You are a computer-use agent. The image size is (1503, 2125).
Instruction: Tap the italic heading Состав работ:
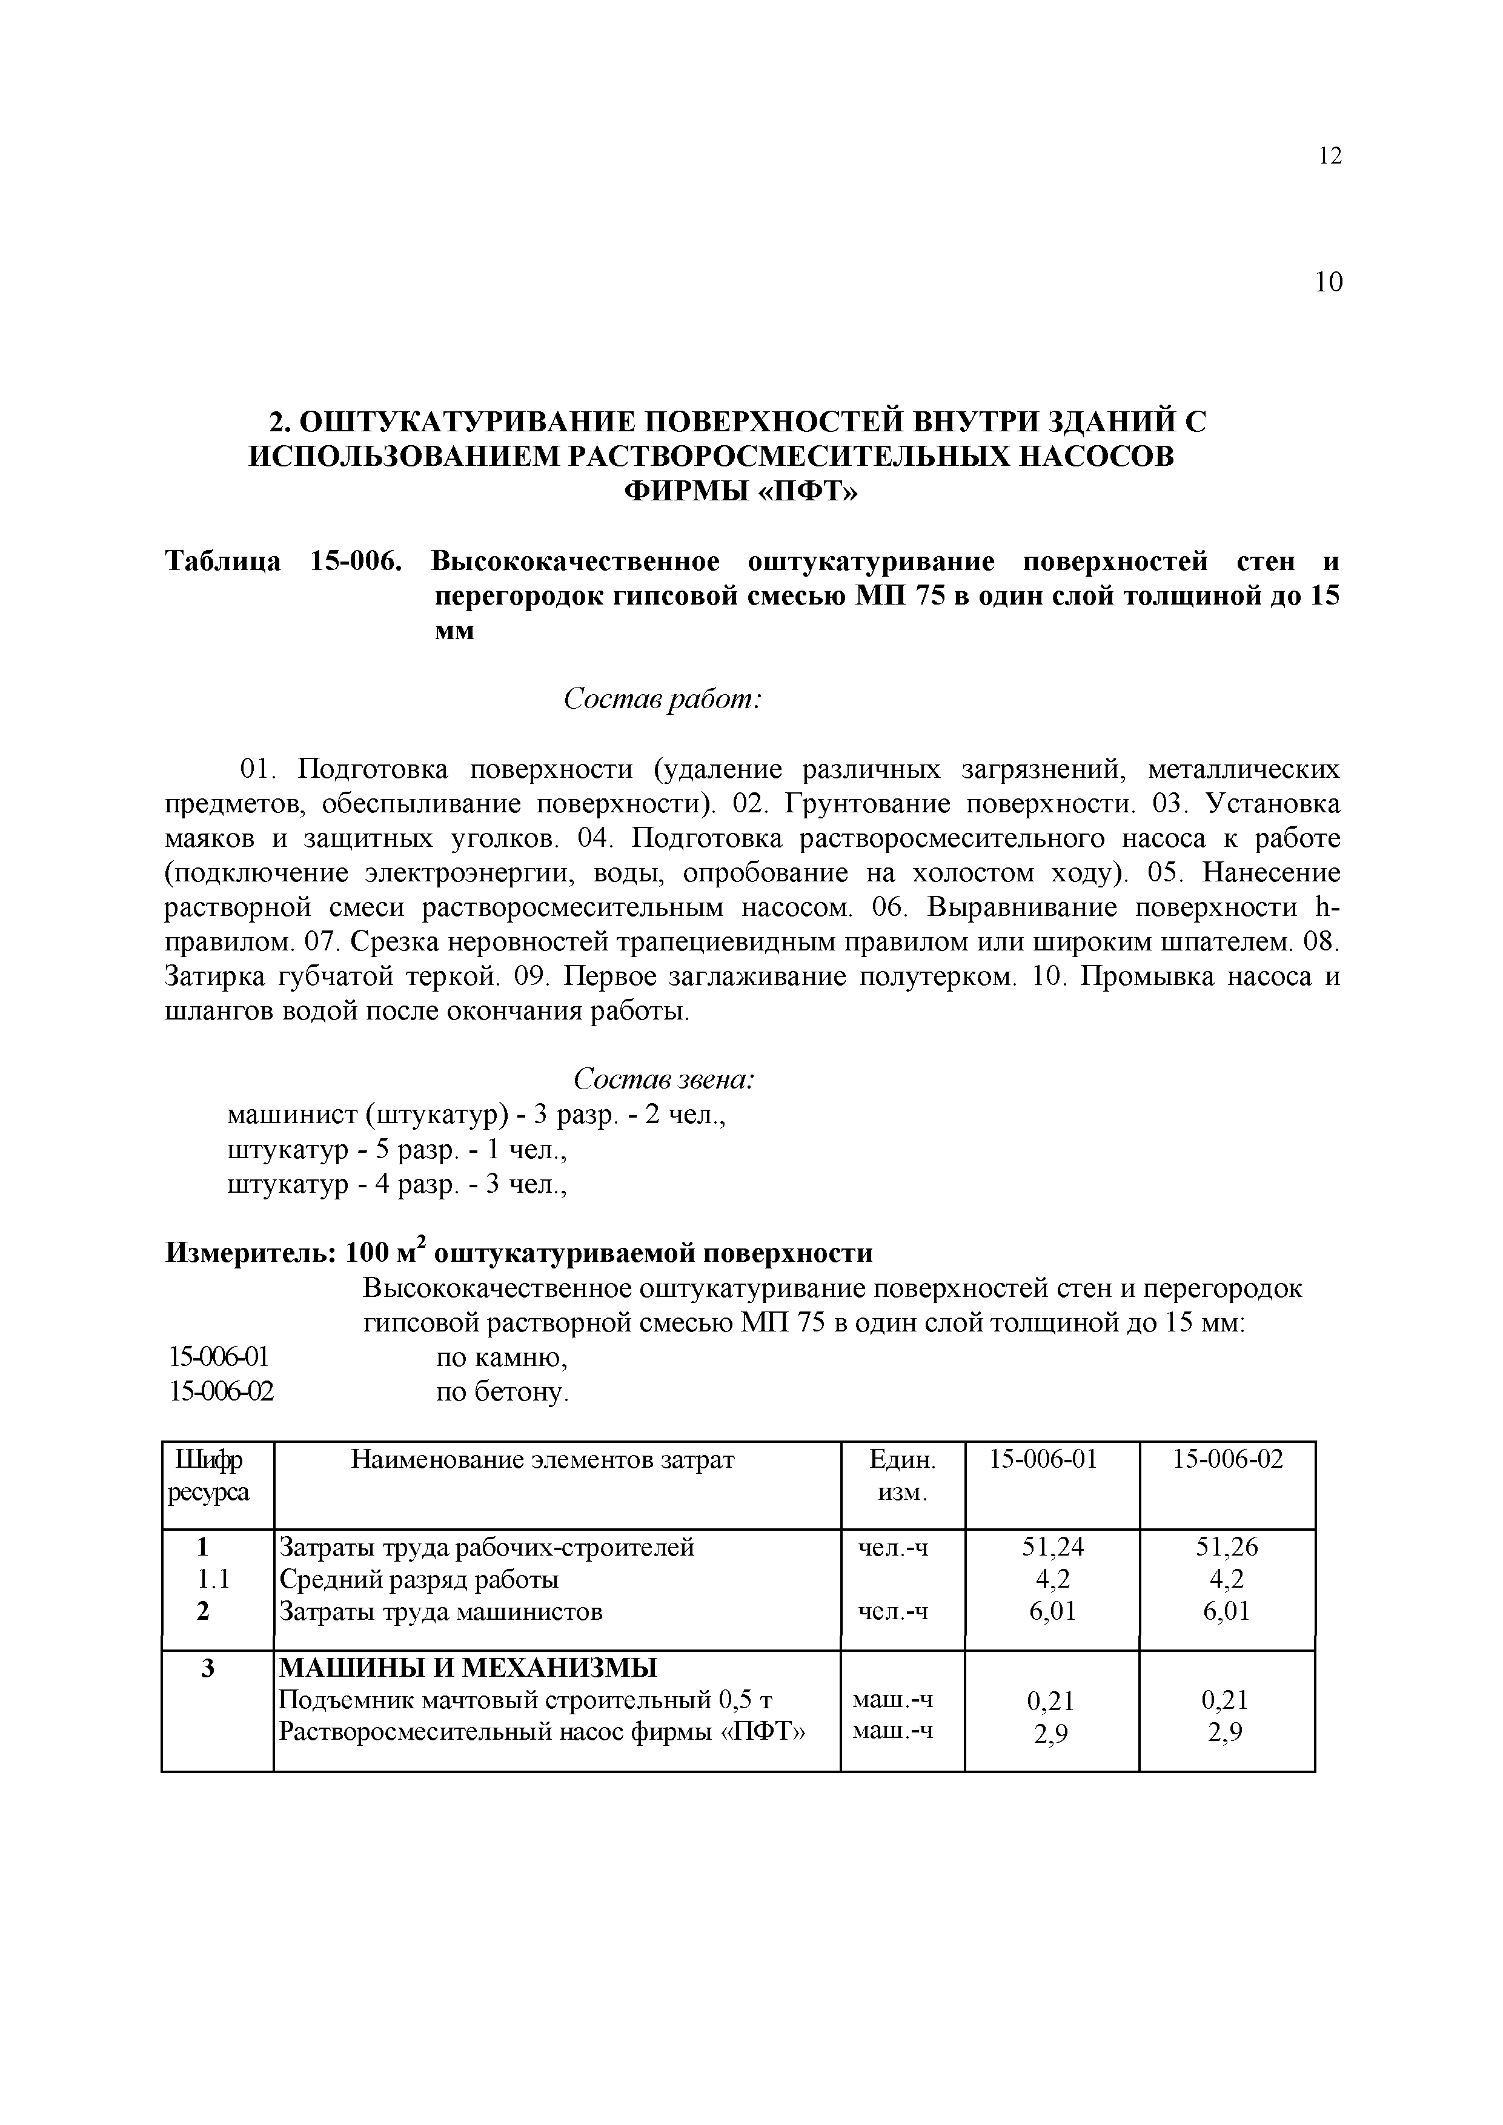(663, 700)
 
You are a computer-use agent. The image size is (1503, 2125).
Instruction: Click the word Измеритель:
(250, 1253)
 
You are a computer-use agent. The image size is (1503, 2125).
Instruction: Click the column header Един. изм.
(903, 1476)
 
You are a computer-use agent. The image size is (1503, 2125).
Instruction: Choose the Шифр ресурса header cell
(208, 1476)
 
